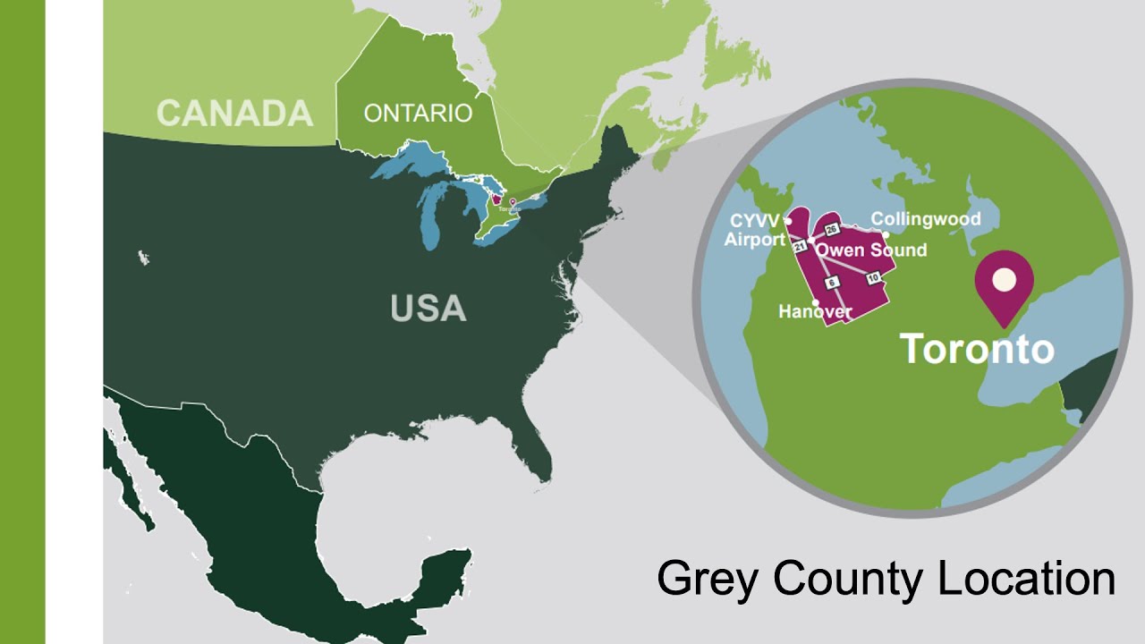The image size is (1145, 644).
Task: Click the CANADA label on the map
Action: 234,114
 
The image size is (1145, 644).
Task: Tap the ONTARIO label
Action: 418,114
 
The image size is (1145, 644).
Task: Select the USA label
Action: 428,309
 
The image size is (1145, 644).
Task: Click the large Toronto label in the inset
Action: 977,348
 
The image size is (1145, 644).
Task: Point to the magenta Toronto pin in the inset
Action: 1004,282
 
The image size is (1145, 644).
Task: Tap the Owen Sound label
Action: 870,250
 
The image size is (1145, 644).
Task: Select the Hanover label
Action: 815,312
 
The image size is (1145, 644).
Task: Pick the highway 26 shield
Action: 831,230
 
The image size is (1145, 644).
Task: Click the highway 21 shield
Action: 801,247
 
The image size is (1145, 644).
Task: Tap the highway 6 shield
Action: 831,283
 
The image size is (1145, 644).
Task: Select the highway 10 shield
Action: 873,277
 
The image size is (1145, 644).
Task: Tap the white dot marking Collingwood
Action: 886,234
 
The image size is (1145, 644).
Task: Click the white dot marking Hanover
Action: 816,302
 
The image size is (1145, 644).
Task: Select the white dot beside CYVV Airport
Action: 788,220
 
